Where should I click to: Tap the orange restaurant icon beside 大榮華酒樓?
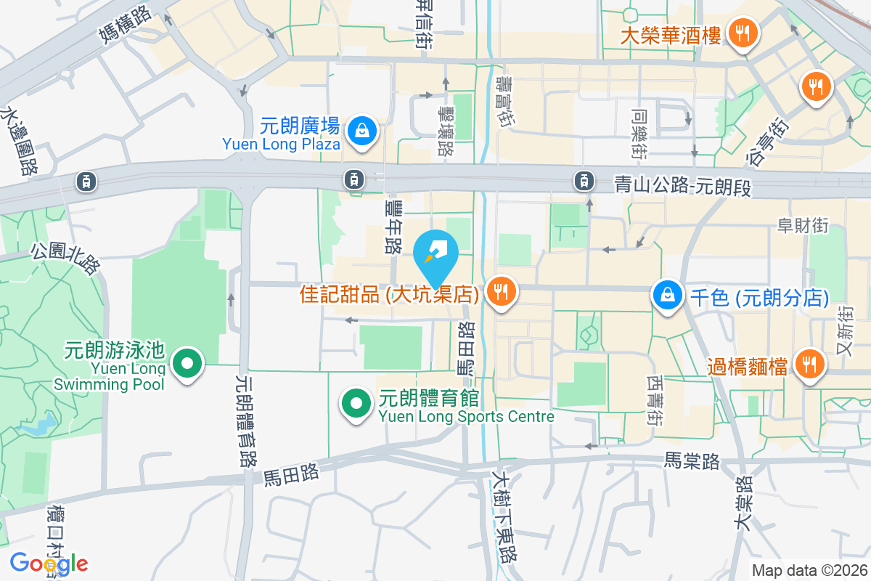click(x=742, y=33)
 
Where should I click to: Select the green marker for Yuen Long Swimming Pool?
click(x=188, y=362)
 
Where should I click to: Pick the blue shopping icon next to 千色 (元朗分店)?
click(x=666, y=295)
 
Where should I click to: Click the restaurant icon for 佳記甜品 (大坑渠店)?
click(x=500, y=291)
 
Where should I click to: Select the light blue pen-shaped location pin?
click(x=435, y=254)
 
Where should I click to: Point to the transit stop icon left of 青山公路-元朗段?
click(x=584, y=180)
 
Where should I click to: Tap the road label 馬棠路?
click(x=692, y=460)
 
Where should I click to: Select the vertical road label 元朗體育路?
click(x=247, y=420)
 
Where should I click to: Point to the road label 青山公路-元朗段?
click(x=682, y=187)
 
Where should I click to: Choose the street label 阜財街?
click(x=803, y=226)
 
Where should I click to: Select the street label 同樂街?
click(x=639, y=134)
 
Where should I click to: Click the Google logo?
click(x=49, y=563)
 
